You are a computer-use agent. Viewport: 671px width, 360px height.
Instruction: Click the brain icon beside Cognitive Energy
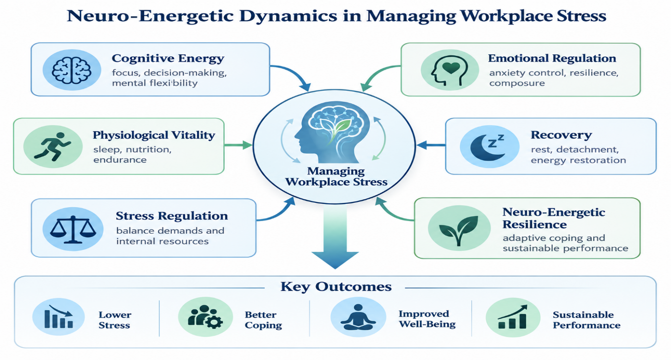tap(72, 70)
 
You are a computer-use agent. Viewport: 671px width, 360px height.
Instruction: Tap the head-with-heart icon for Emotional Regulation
tap(449, 71)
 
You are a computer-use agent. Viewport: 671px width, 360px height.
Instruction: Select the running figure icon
tap(53, 147)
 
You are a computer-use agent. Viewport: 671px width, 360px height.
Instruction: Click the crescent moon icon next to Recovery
tap(488, 147)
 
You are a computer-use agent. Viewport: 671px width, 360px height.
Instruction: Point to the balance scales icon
tap(73, 229)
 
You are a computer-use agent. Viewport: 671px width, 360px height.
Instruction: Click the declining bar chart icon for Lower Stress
tap(59, 317)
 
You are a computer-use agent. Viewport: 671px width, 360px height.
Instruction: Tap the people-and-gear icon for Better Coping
tap(206, 317)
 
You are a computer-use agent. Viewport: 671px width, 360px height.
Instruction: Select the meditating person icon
tap(358, 317)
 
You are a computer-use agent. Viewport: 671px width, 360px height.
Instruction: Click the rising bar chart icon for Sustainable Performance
tap(512, 317)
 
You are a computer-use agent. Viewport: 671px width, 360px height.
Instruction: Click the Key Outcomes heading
tap(336, 287)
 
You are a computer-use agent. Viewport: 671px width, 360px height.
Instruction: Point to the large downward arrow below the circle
tap(335, 237)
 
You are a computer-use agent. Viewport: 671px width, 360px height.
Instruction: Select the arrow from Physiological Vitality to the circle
tap(238, 145)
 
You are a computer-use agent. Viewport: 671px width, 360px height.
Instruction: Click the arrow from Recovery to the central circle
tap(431, 145)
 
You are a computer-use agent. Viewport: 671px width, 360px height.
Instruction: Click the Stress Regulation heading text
tap(171, 216)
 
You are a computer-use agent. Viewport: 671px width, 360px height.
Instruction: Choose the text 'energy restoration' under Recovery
tap(578, 161)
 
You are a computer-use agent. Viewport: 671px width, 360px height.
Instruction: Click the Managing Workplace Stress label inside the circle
tap(336, 176)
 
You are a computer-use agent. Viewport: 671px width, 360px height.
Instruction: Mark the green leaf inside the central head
tap(342, 127)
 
